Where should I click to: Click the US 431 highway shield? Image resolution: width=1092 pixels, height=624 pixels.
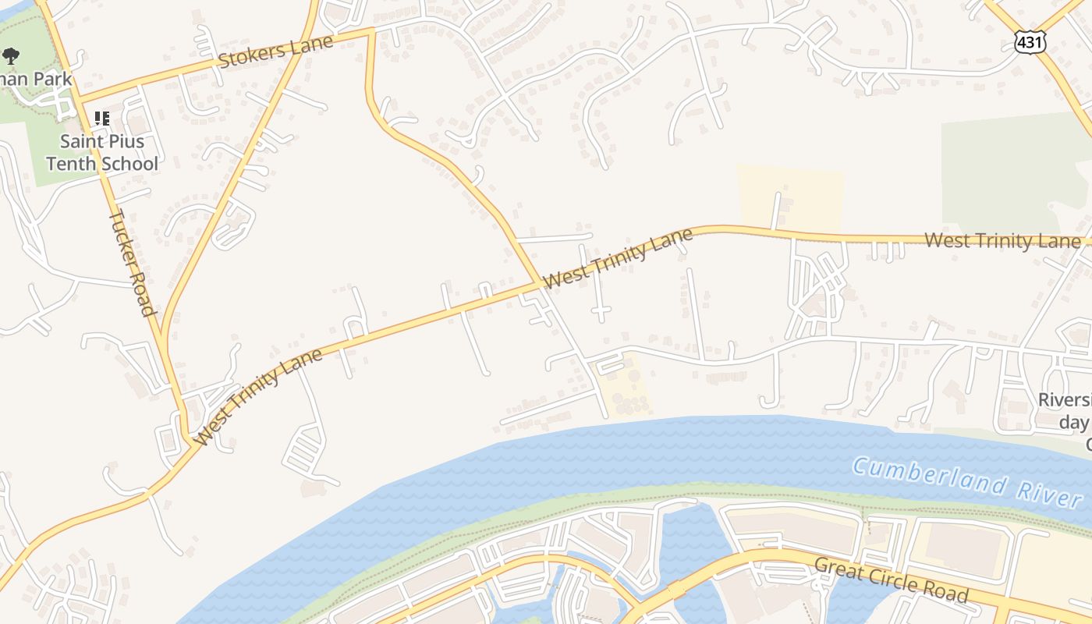(x=1030, y=41)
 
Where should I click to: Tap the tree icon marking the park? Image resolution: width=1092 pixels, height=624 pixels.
(x=11, y=55)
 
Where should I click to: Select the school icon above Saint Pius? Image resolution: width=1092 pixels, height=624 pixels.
(x=101, y=119)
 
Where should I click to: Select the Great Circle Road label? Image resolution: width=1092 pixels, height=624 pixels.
(x=891, y=580)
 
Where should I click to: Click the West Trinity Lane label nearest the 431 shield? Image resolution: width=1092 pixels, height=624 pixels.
(x=1002, y=240)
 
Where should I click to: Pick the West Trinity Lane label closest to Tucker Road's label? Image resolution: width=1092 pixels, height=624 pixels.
(x=258, y=397)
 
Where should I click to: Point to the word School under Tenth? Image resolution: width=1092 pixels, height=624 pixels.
(x=131, y=164)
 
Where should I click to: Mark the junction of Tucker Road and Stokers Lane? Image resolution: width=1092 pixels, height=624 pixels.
(x=79, y=101)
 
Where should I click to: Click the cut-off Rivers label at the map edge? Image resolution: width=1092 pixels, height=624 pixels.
(x=1065, y=400)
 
